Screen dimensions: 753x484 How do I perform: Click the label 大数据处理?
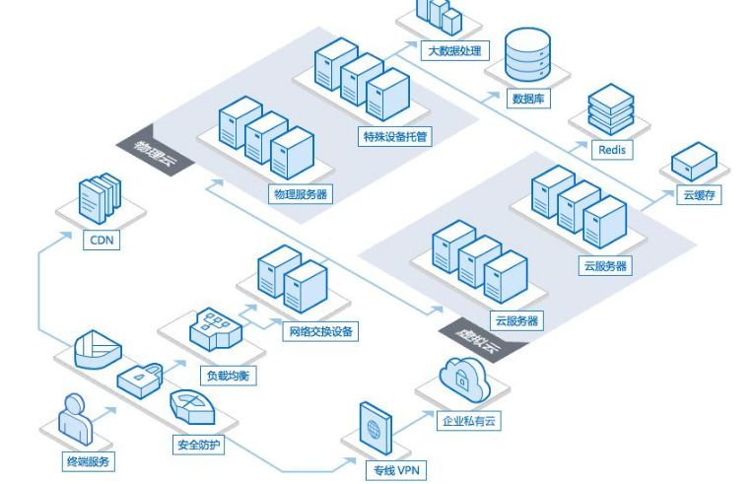(x=454, y=50)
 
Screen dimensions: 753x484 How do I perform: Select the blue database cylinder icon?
(x=527, y=54)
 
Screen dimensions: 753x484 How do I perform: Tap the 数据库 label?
(x=528, y=99)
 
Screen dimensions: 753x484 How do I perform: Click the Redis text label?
(x=612, y=150)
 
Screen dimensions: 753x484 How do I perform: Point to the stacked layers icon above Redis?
(x=611, y=109)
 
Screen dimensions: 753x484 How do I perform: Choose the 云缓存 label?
(x=699, y=195)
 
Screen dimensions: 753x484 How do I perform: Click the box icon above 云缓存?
(x=694, y=161)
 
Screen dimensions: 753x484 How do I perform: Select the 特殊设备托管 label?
(x=395, y=136)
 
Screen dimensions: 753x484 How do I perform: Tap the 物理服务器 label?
(x=301, y=194)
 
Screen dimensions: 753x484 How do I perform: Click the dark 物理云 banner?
(x=156, y=151)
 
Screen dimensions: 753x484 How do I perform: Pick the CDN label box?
(x=102, y=241)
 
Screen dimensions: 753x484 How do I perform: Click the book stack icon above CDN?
(x=100, y=198)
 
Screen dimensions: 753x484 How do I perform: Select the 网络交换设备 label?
(x=320, y=331)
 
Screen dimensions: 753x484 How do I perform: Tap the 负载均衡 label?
(x=228, y=375)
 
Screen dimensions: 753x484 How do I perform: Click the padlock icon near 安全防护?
(x=140, y=380)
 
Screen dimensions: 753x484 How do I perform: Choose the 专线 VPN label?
(x=396, y=470)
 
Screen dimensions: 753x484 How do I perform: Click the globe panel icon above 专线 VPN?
(x=376, y=428)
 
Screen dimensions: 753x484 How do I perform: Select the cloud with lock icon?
(x=464, y=379)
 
